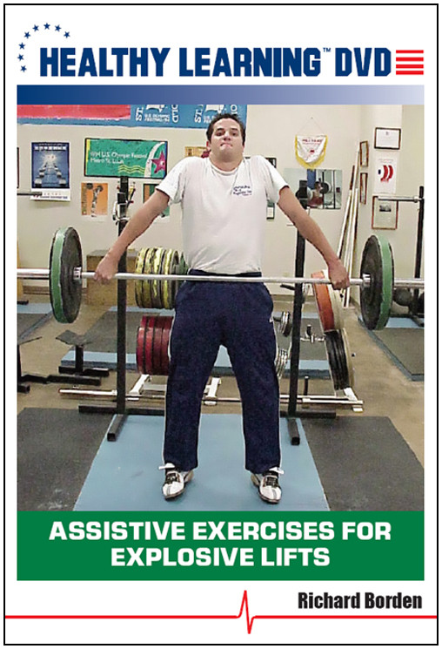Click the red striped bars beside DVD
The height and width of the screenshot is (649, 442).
(409, 61)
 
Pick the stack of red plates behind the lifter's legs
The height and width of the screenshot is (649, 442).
(151, 344)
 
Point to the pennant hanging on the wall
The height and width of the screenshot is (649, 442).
(310, 149)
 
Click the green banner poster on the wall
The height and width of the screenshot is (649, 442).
(125, 157)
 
